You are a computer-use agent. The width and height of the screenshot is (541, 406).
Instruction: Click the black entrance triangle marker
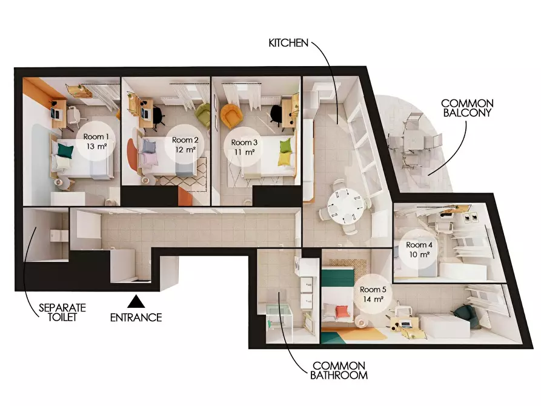(x=136, y=301)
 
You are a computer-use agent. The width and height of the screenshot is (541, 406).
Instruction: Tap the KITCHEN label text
(x=288, y=43)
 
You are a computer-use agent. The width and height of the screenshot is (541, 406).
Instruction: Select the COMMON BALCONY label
(x=467, y=108)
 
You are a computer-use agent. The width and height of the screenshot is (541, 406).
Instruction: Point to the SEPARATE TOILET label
(x=62, y=313)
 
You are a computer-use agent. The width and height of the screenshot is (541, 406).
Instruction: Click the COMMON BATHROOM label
(x=339, y=370)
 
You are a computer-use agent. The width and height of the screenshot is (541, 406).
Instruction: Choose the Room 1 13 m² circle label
(x=96, y=141)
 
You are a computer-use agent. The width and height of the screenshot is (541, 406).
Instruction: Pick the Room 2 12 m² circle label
(x=185, y=144)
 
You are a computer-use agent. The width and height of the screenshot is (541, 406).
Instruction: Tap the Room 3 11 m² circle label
(x=244, y=147)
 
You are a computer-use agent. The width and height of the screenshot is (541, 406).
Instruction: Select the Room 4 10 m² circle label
(x=419, y=249)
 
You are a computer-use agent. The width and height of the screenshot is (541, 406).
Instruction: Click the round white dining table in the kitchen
(x=345, y=206)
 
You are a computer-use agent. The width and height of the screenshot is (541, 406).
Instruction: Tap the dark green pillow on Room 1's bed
(x=65, y=151)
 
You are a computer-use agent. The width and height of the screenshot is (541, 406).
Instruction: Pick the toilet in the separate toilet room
(x=59, y=236)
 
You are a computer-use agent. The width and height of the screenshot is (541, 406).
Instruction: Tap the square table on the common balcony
(x=414, y=142)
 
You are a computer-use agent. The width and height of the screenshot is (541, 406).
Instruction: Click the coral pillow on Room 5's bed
(x=342, y=311)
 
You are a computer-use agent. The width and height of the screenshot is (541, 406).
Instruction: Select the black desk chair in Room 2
(x=158, y=114)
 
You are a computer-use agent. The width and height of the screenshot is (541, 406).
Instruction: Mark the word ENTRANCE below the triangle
(x=136, y=318)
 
